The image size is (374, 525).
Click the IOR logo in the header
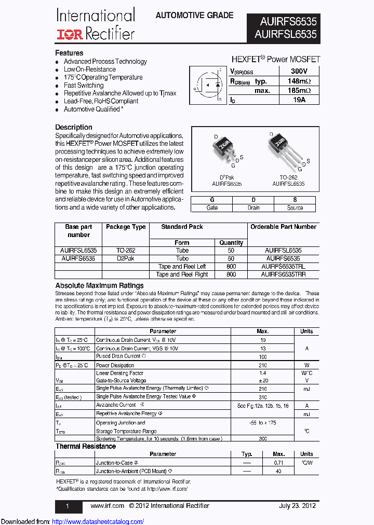pos(70,35)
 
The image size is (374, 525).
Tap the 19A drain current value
pos(299,100)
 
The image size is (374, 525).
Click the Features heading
pos(69,53)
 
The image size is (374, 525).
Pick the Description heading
pos(74,127)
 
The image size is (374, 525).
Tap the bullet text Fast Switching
pos(84,85)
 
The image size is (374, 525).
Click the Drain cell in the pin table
pos(253,208)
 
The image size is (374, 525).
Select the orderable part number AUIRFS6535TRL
pos(283,267)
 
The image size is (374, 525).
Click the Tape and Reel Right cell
pos(182,274)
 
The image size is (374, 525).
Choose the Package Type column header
pos(126,227)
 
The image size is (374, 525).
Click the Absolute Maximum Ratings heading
pos(99,285)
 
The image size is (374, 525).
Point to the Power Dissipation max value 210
pos(262,365)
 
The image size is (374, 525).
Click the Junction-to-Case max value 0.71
pos(278,462)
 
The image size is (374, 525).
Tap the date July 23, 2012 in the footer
pos(297,506)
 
